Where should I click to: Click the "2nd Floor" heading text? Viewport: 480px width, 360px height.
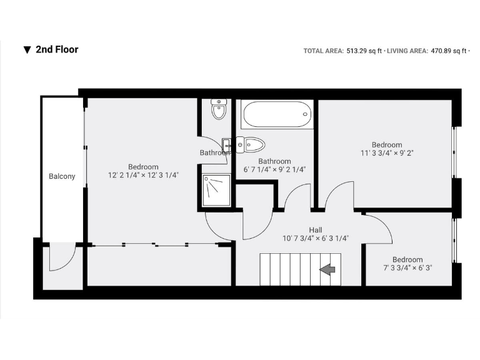(x=57, y=49)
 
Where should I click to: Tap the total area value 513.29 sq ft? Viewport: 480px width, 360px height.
(x=364, y=51)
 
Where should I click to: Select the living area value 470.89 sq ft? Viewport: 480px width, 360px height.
(x=449, y=51)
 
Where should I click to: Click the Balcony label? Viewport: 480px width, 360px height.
(x=62, y=176)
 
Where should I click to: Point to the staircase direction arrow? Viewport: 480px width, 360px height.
(x=327, y=269)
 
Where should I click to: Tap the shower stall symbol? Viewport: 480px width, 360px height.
(x=216, y=190)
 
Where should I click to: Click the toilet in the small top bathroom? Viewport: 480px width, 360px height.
(x=218, y=111)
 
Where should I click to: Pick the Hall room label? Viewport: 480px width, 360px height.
(x=316, y=229)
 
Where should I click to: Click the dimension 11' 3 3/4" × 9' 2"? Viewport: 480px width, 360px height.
(x=386, y=153)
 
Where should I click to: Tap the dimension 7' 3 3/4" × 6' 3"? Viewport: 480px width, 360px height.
(x=407, y=267)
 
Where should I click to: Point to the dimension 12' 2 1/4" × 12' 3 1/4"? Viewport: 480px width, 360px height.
(x=143, y=175)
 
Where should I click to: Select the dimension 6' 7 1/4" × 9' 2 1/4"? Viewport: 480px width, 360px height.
(x=274, y=169)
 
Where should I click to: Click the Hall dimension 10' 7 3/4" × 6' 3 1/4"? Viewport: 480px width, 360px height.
(x=316, y=237)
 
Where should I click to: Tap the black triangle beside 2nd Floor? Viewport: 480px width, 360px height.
(x=27, y=50)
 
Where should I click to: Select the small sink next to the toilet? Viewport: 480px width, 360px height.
(x=227, y=145)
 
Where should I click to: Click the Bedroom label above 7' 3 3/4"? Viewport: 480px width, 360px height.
(x=407, y=259)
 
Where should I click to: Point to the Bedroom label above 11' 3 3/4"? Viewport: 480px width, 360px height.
(x=387, y=144)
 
